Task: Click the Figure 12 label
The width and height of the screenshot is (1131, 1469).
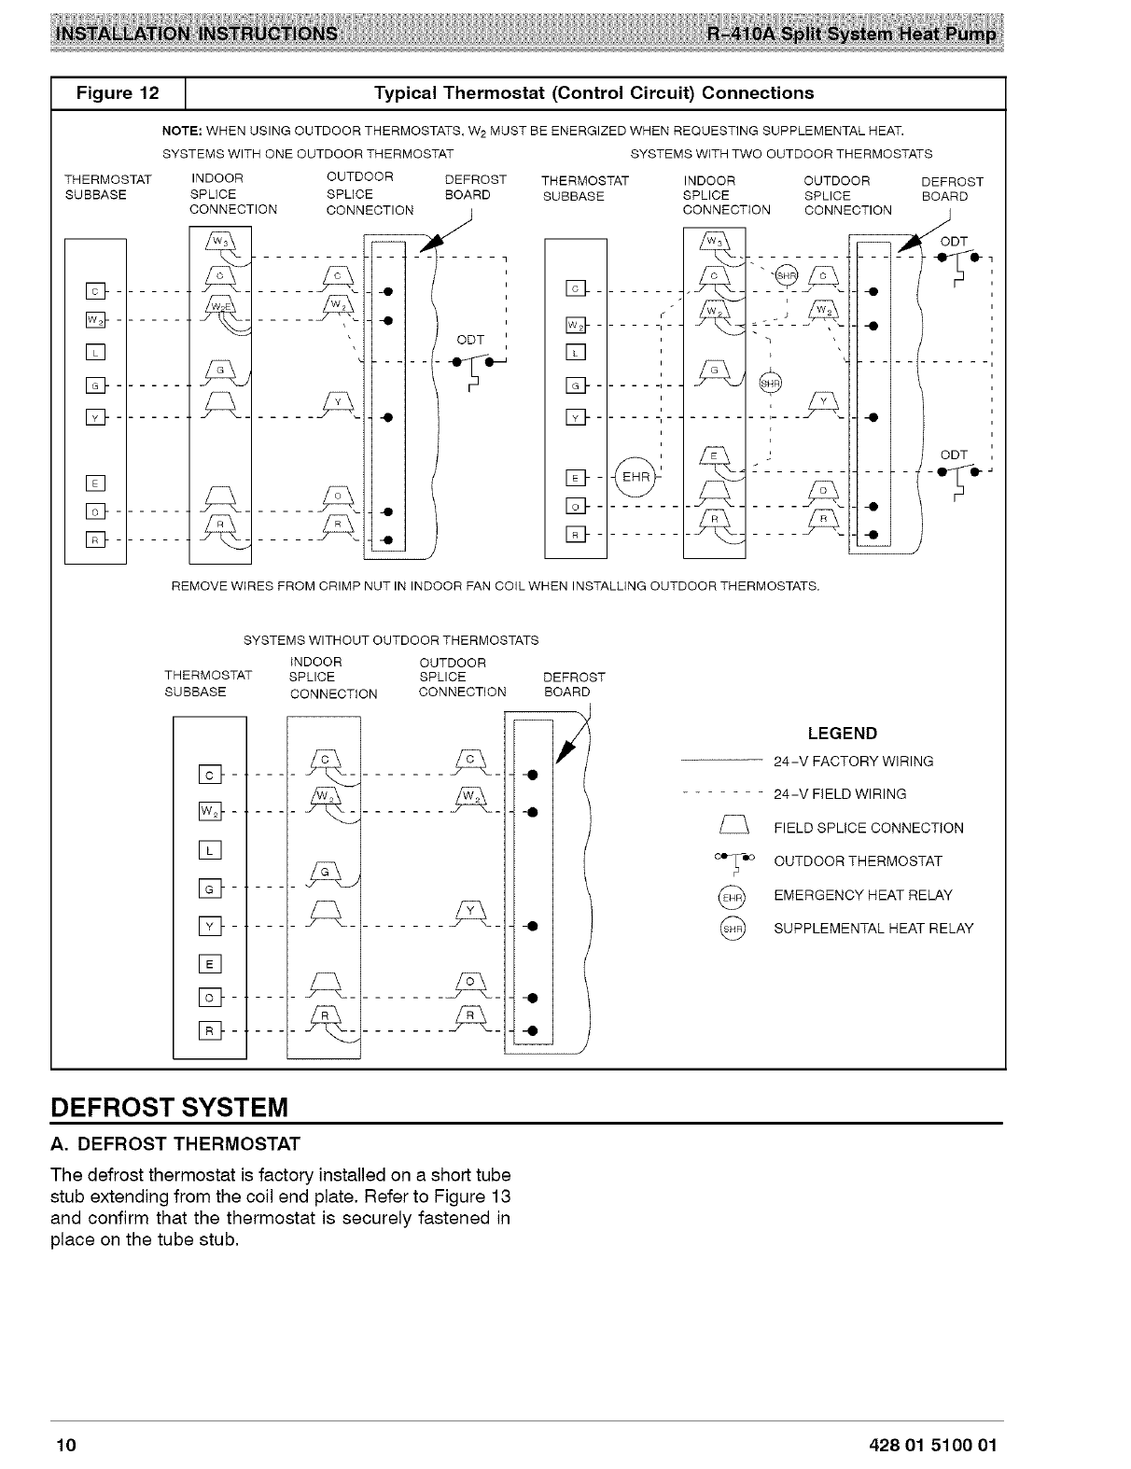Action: coord(119,93)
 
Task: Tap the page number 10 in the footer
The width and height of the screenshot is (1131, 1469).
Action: coord(64,1446)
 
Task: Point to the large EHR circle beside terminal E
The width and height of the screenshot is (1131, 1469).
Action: coord(636,478)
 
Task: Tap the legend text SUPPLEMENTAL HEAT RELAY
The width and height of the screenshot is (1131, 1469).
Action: coord(873,929)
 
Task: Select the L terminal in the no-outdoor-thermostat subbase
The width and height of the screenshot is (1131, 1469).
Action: coord(210,850)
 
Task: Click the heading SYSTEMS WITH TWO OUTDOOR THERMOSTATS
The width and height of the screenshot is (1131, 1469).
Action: coord(781,153)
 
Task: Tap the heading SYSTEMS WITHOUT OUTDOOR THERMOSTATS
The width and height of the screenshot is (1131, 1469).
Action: coord(391,640)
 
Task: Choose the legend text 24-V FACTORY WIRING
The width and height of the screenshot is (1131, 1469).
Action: coord(853,762)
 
